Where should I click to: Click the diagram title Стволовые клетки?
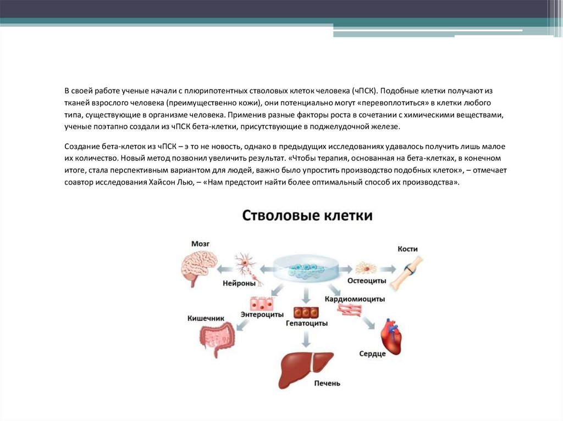(307, 215)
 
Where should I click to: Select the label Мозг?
(200, 243)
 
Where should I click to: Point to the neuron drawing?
(244, 266)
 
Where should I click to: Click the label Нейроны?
(239, 284)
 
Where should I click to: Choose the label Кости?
(407, 249)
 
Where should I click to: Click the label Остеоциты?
(367, 281)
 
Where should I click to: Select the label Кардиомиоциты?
(354, 299)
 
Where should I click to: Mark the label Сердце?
(372, 354)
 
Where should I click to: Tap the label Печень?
(327, 383)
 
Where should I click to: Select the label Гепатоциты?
(306, 323)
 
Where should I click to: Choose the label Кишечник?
(206, 318)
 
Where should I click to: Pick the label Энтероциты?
(262, 315)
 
